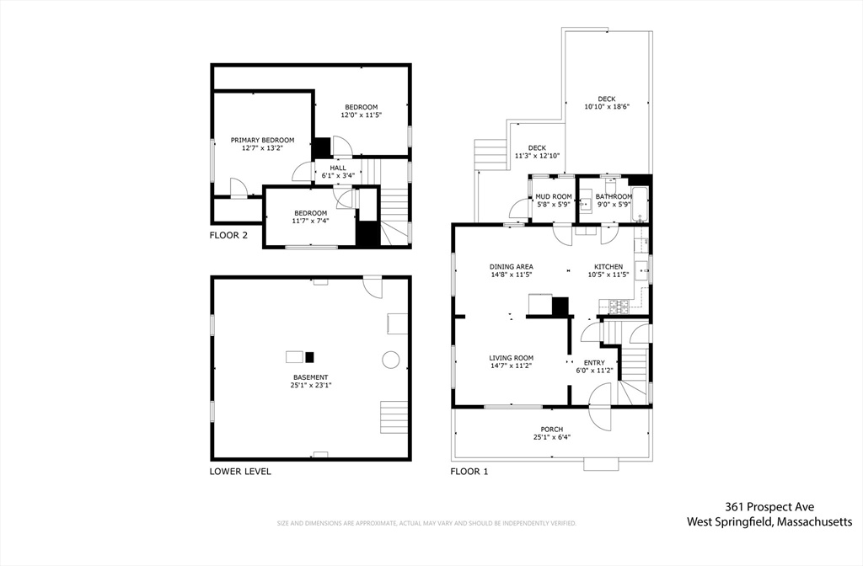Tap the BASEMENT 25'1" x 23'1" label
tap(310, 382)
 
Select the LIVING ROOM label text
tap(512, 361)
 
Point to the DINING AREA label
tap(512, 270)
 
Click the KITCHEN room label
tap(608, 270)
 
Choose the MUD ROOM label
tap(554, 200)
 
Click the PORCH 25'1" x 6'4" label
tap(552, 433)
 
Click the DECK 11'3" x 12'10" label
tap(537, 152)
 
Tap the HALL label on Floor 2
tap(338, 172)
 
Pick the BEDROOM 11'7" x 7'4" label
tap(310, 216)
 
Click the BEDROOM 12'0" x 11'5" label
tap(359, 110)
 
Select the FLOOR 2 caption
tap(228, 236)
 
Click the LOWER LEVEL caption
tap(240, 472)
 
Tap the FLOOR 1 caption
tap(469, 472)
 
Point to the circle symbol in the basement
tap(390, 360)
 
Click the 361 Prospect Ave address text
tap(769, 507)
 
